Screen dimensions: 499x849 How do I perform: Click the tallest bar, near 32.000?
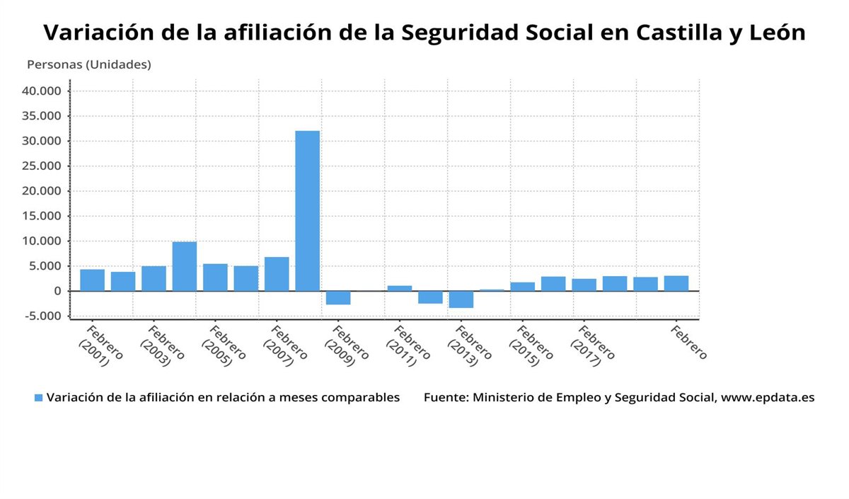(x=307, y=211)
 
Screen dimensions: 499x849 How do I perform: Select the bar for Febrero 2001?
(x=92, y=280)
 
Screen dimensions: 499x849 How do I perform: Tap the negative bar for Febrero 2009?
(x=338, y=298)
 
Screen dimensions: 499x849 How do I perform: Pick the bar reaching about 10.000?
(x=185, y=266)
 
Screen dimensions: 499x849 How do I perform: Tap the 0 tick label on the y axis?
(x=57, y=291)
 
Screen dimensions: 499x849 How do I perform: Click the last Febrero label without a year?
(x=688, y=343)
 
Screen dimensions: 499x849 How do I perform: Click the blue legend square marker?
(x=39, y=398)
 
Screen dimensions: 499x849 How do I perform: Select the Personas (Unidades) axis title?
(x=89, y=64)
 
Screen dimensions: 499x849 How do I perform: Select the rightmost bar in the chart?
(x=676, y=283)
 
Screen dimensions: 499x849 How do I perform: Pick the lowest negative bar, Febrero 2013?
(x=461, y=299)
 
